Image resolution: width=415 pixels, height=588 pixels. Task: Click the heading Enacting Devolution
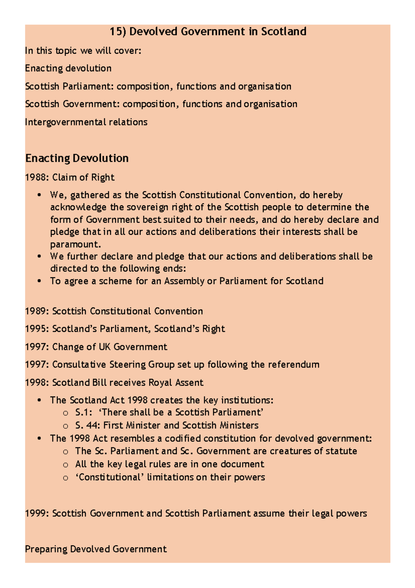[x=77, y=158]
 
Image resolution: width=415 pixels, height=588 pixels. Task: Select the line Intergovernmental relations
[x=86, y=122]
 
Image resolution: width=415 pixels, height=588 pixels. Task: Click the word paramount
[x=75, y=244]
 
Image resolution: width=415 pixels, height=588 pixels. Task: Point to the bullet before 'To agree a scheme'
[x=39, y=281]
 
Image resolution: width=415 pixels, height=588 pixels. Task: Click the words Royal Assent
[x=176, y=383]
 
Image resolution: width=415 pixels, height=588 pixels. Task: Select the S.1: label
[x=83, y=412]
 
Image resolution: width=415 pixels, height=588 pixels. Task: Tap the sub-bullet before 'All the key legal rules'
[x=65, y=465]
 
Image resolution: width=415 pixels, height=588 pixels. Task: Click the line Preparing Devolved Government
[x=96, y=549]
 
